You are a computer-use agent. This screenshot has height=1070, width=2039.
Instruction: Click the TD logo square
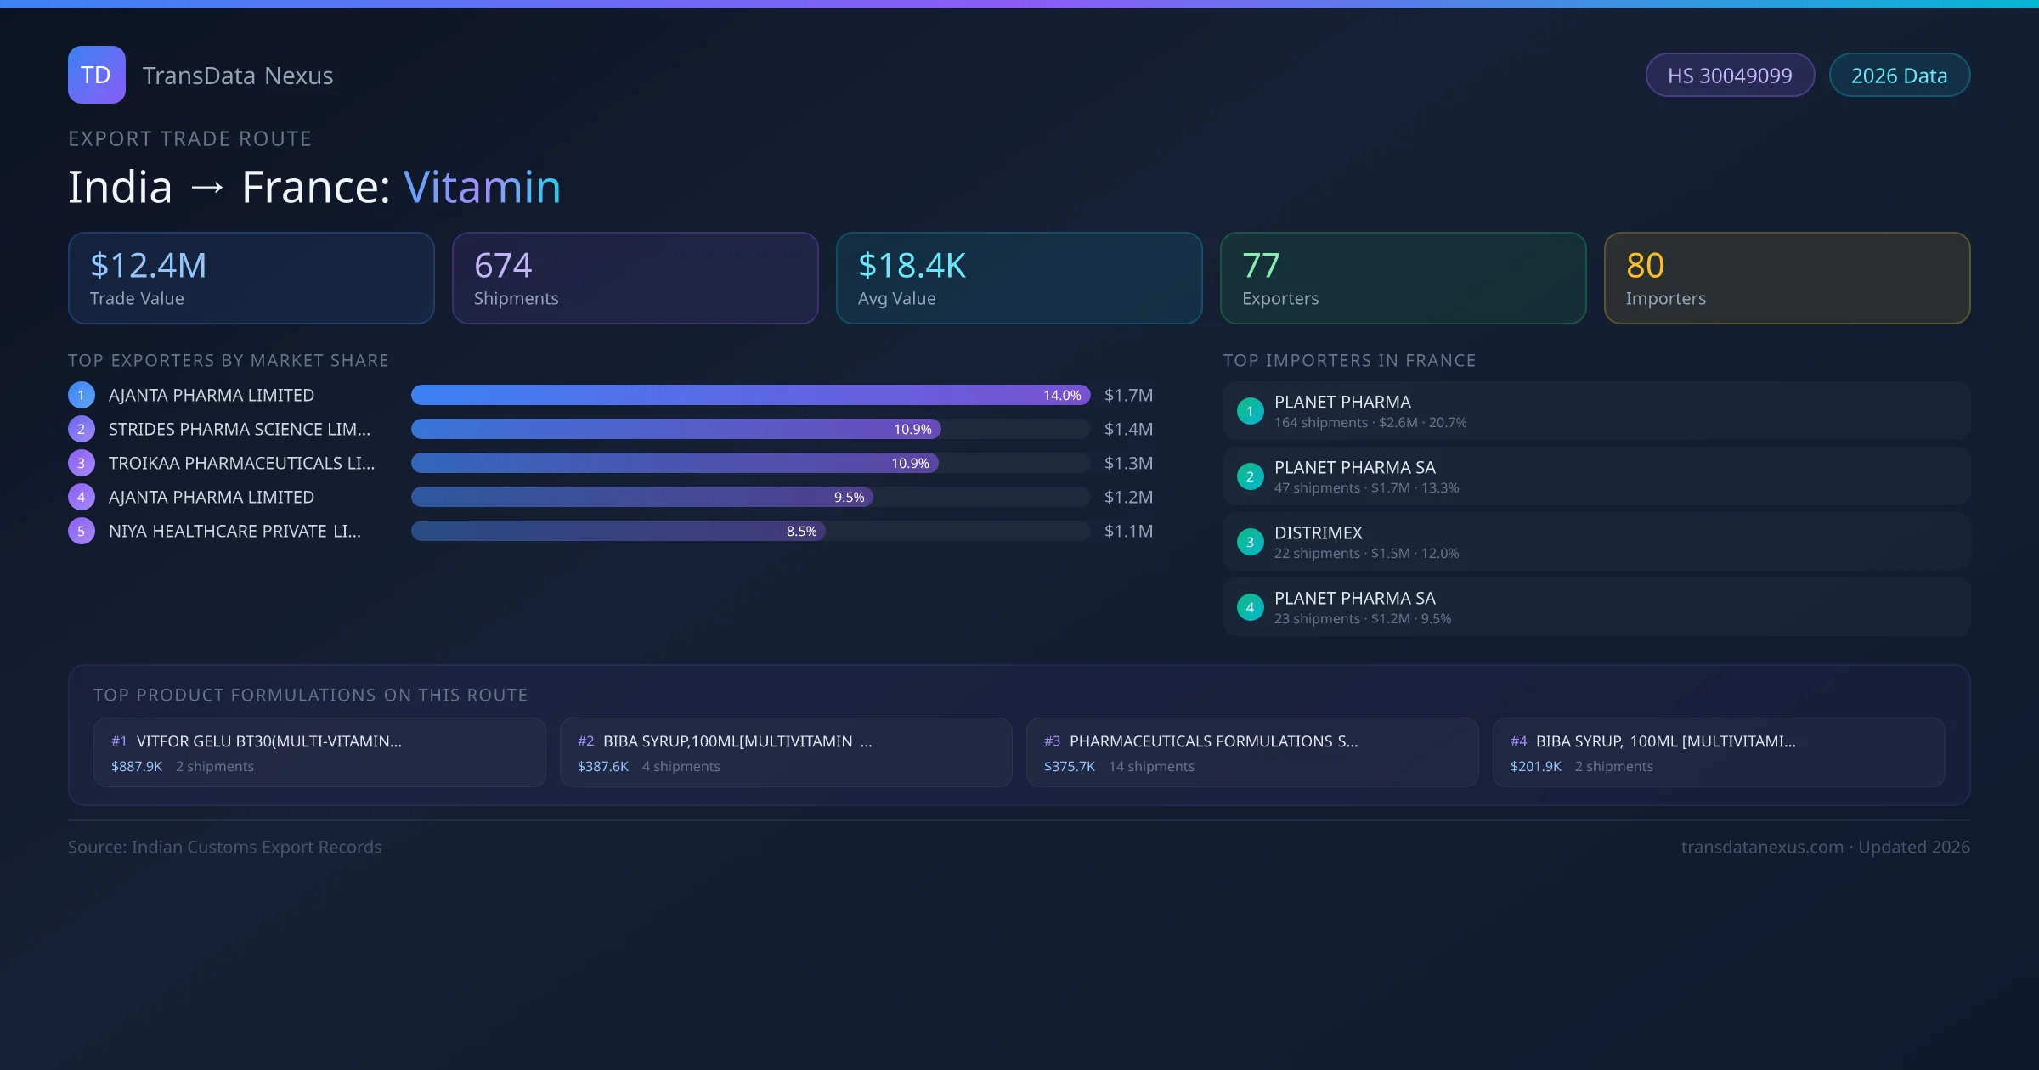pyautogui.click(x=96, y=75)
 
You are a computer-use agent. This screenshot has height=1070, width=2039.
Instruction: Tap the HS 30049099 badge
pyautogui.click(x=1729, y=76)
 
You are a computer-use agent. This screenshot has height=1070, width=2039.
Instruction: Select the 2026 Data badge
pyautogui.click(x=1899, y=76)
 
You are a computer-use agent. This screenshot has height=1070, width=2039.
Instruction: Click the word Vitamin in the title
pyautogui.click(x=482, y=187)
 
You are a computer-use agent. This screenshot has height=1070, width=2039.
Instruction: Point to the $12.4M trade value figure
pyautogui.click(x=148, y=266)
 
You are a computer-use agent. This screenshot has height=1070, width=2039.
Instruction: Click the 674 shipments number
pyautogui.click(x=503, y=266)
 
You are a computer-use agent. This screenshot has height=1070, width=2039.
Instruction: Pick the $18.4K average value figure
pyautogui.click(x=912, y=266)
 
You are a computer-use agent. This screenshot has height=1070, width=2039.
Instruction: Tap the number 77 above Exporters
pyautogui.click(x=1261, y=266)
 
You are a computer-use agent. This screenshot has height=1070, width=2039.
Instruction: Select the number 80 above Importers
pyautogui.click(x=1645, y=266)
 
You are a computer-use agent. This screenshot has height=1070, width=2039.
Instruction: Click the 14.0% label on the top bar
pyautogui.click(x=1062, y=396)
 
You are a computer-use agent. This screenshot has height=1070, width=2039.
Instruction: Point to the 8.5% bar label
pyautogui.click(x=801, y=532)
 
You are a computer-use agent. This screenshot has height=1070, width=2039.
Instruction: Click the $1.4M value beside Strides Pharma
pyautogui.click(x=1128, y=430)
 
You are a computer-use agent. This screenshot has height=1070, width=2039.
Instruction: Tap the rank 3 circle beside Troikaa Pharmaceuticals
pyautogui.click(x=82, y=464)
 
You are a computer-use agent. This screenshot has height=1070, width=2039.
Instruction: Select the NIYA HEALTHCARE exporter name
pyautogui.click(x=234, y=532)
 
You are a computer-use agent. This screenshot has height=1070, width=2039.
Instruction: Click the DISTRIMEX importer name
pyautogui.click(x=1318, y=533)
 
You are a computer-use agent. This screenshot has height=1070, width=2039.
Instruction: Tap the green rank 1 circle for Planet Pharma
pyautogui.click(x=1250, y=412)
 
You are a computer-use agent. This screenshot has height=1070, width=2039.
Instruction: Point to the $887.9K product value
pyautogui.click(x=137, y=767)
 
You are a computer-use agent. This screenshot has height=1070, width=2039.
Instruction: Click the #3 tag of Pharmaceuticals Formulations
pyautogui.click(x=1052, y=741)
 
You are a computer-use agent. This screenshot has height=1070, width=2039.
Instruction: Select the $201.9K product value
pyautogui.click(x=1535, y=767)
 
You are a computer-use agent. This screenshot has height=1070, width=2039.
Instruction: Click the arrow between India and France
pyautogui.click(x=207, y=188)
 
